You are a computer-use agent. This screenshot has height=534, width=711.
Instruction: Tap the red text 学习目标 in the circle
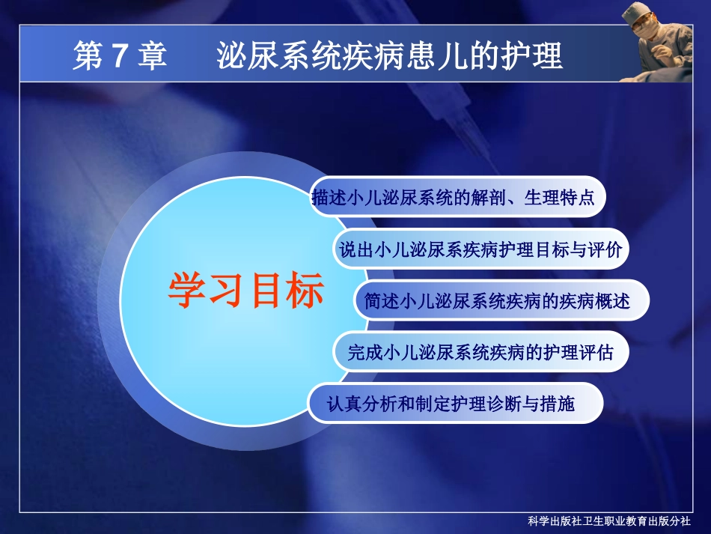pyautogui.click(x=245, y=291)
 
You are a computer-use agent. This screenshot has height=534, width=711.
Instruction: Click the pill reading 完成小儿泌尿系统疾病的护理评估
pyautogui.click(x=480, y=352)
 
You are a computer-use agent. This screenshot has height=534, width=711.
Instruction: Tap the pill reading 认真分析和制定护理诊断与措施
pyautogui.click(x=454, y=404)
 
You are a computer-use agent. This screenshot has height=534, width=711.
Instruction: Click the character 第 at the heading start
pyautogui.click(x=87, y=57)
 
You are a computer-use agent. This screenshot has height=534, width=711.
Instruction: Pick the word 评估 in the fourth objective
pyautogui.click(x=596, y=352)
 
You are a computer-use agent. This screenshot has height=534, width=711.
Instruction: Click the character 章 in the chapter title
pyautogui.click(x=153, y=57)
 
